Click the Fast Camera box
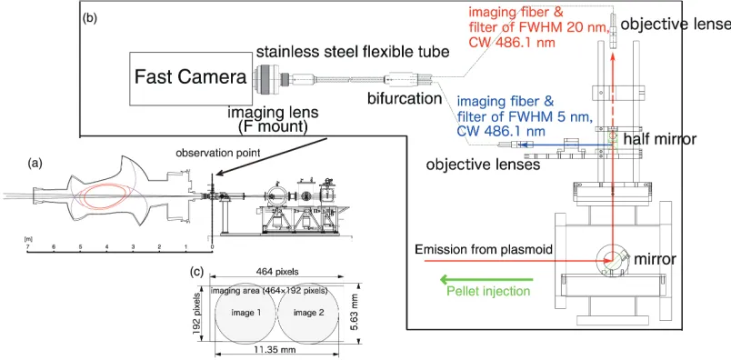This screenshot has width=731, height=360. pyautogui.click(x=191, y=78)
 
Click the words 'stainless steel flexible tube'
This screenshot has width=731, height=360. pyautogui.click(x=353, y=51)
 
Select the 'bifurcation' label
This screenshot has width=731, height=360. pyautogui.click(x=405, y=98)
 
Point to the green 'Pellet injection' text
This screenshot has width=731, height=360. pyautogui.click(x=488, y=291)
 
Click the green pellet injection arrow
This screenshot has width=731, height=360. pyautogui.click(x=486, y=280)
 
